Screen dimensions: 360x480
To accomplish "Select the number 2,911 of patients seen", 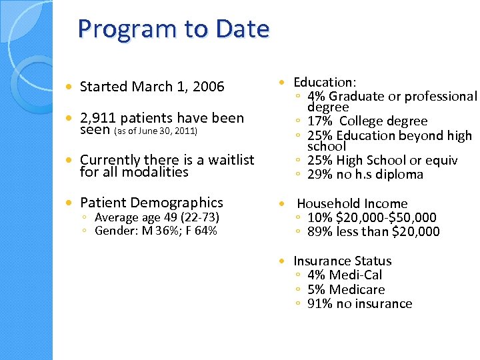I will (x=97, y=119).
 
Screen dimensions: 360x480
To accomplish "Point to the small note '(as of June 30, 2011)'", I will (x=155, y=131).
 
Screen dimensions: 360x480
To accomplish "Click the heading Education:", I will (x=325, y=82).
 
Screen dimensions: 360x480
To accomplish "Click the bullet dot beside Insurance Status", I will (x=283, y=261).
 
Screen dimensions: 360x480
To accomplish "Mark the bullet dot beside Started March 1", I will (x=69, y=87).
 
